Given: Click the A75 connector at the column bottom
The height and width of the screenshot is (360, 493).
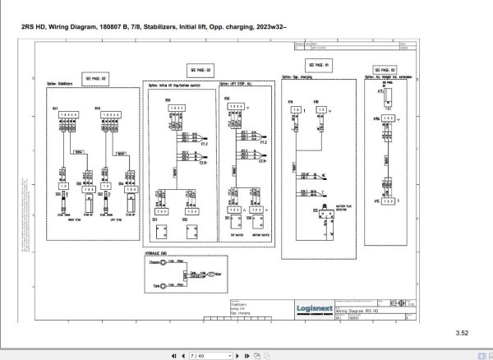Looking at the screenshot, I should click(386, 200).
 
